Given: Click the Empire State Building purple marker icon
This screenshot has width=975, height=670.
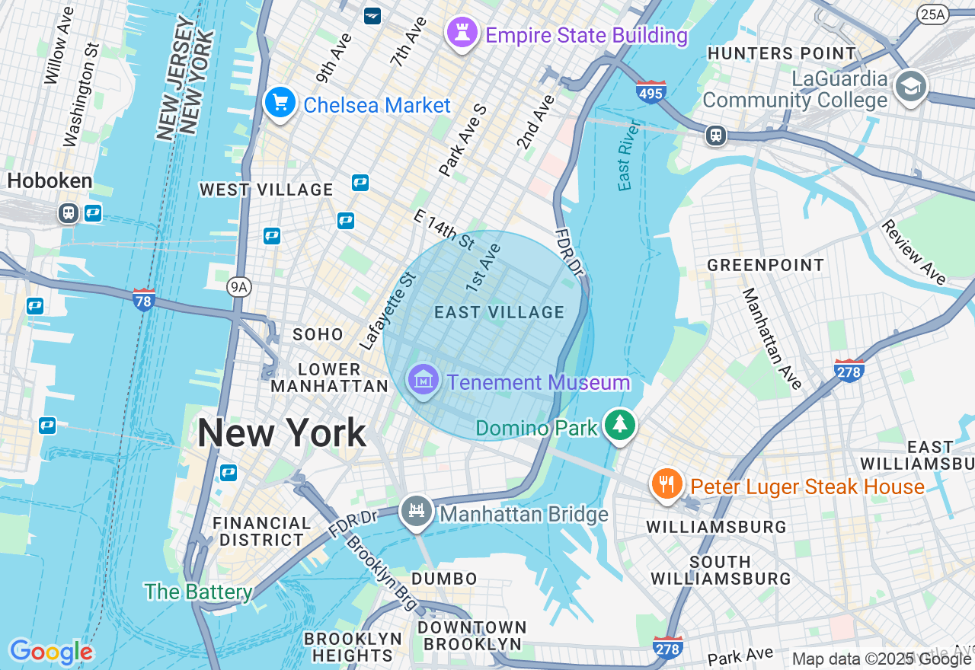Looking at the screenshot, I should tap(462, 33).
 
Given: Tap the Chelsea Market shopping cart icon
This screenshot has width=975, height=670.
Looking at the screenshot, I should tap(280, 103).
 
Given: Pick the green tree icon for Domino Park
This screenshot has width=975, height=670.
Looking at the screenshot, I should tap(620, 425).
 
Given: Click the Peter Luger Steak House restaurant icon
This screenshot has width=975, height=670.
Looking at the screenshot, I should tap(667, 483).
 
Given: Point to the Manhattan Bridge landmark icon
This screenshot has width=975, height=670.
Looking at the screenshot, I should tap(416, 512).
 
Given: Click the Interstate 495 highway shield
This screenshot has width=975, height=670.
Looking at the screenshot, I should tap(651, 91).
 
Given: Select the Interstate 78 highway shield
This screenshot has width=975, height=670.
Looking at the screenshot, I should tap(143, 299).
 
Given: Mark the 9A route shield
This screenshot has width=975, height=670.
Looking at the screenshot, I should tap(239, 286).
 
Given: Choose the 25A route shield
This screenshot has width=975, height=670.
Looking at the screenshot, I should tap(932, 14).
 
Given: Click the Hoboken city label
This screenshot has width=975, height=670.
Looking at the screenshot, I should tap(50, 181).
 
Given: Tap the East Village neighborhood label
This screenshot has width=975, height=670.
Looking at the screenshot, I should tap(499, 312).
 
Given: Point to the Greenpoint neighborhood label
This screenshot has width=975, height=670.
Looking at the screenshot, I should tap(766, 266).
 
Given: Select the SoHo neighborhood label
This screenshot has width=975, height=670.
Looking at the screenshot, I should tap(318, 334).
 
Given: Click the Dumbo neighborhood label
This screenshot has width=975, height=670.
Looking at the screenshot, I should tap(444, 579).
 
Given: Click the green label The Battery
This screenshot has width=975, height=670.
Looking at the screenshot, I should tap(198, 592).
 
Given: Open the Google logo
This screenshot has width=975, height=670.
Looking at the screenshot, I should tap(51, 652).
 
